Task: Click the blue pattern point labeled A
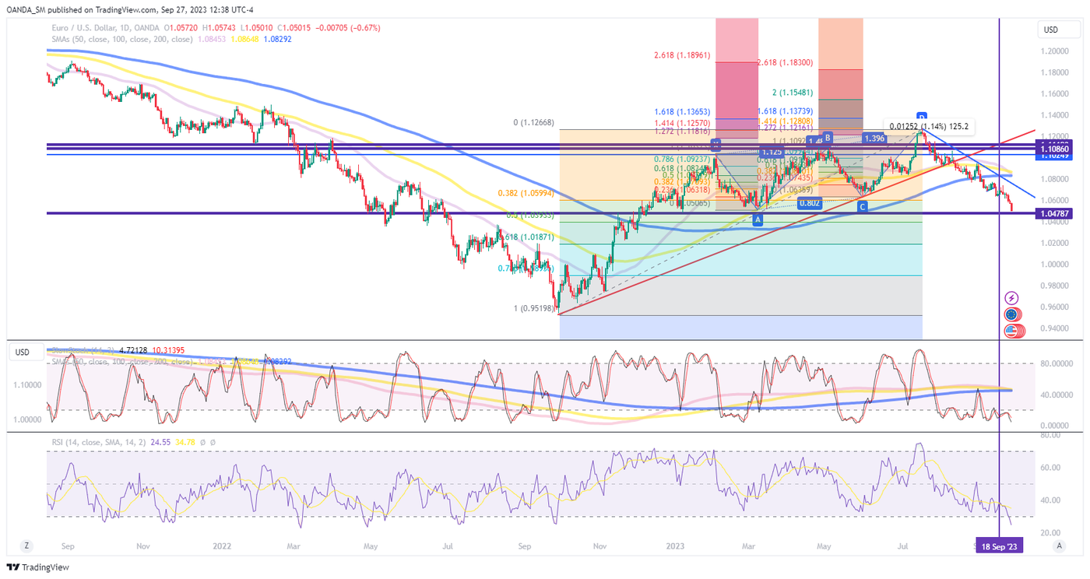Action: [758, 220]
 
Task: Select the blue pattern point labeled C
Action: [862, 206]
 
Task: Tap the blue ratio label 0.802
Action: [810, 203]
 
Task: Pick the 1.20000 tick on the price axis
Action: [1055, 51]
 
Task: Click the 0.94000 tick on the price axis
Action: [1055, 328]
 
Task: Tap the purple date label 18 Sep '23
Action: [999, 547]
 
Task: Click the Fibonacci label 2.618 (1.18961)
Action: [682, 56]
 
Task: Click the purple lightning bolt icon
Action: [1011, 298]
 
